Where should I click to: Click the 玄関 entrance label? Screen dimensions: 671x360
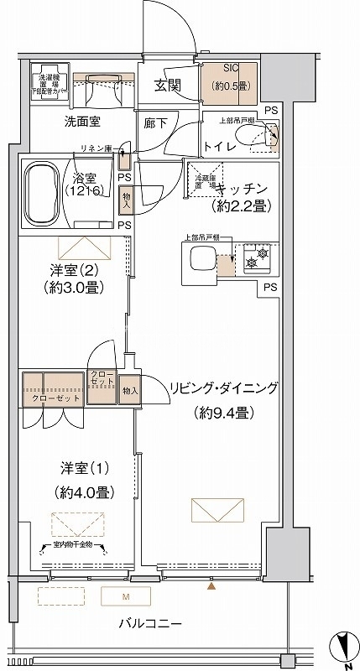(x=168, y=85)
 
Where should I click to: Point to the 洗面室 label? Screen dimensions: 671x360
(x=83, y=122)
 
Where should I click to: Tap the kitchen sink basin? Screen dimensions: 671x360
(x=201, y=263)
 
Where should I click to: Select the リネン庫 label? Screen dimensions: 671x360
(x=97, y=148)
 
